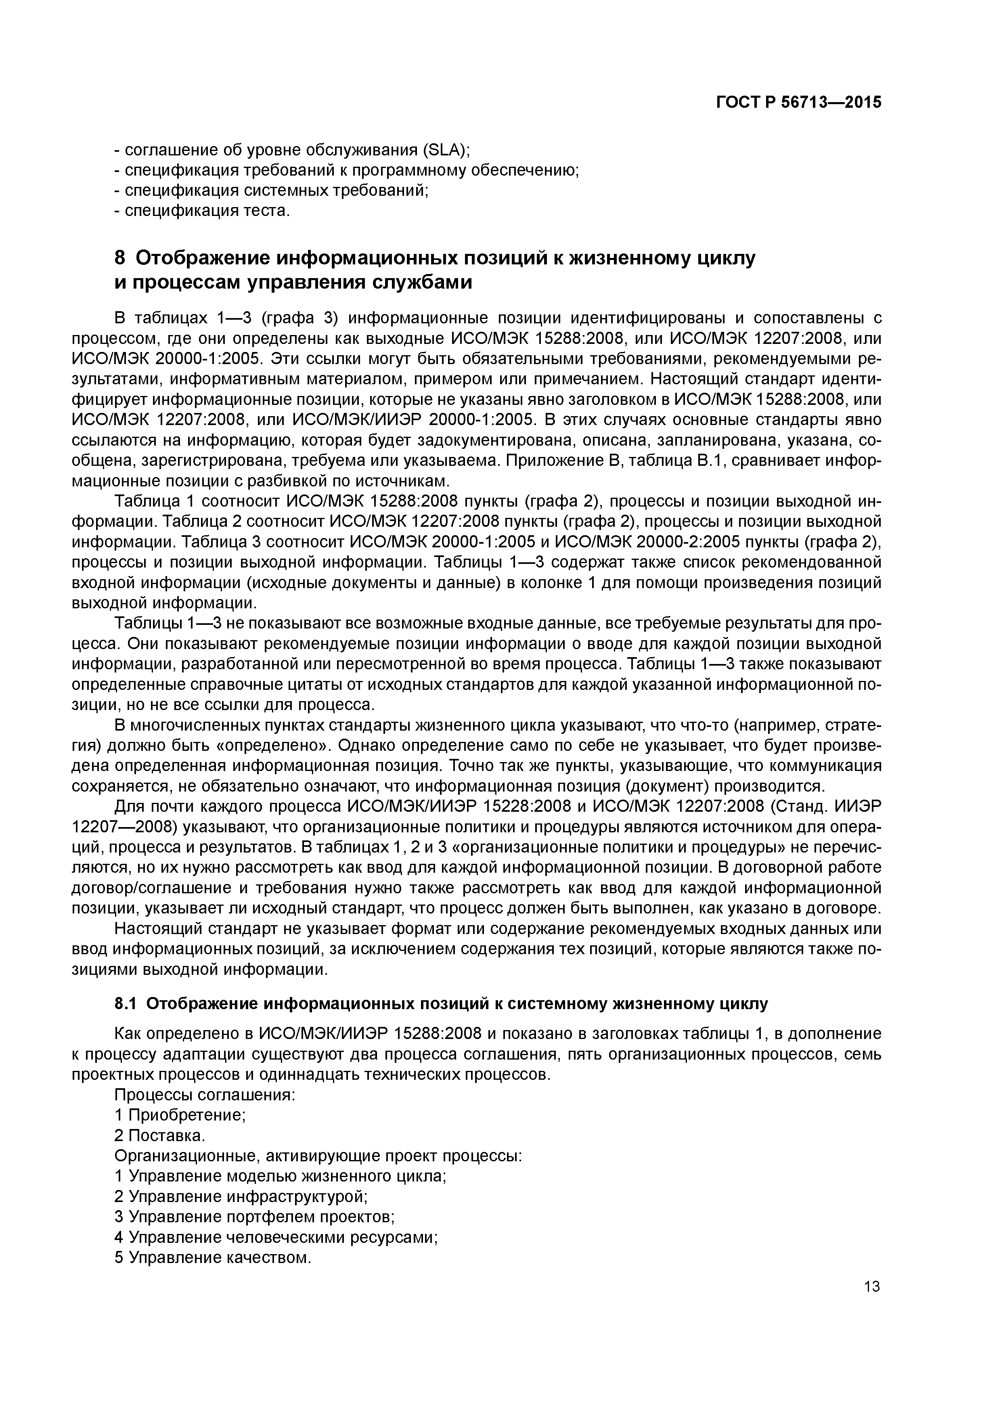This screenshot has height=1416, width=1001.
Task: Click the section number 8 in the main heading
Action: click(120, 258)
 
